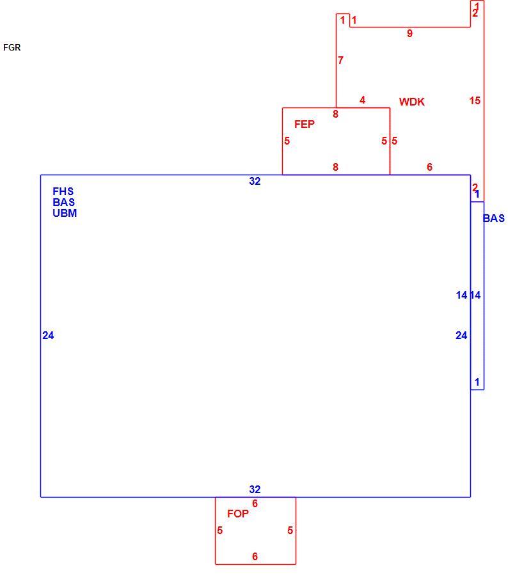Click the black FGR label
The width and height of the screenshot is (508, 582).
12,47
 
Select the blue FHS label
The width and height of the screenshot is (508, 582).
63,191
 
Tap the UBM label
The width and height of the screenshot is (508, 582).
65,213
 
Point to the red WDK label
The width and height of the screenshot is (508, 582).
412,102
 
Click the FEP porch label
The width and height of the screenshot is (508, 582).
305,124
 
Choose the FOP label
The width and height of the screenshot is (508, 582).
237,514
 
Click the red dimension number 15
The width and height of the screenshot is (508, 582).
475,100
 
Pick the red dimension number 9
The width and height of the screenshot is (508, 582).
409,33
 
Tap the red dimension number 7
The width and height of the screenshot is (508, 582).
340,60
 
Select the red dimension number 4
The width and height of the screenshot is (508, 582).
362,100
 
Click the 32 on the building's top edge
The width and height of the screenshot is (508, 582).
255,181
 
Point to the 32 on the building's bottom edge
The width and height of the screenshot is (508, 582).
255,489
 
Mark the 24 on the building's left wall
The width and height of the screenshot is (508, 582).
48,335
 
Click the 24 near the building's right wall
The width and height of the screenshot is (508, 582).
461,335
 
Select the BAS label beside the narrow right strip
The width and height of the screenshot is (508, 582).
494,218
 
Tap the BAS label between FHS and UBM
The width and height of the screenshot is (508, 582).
64,202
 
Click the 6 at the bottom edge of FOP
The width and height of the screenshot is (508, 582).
255,556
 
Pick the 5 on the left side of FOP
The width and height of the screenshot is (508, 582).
220,530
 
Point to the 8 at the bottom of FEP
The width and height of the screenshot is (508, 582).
335,167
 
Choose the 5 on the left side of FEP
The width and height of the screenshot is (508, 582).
287,141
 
